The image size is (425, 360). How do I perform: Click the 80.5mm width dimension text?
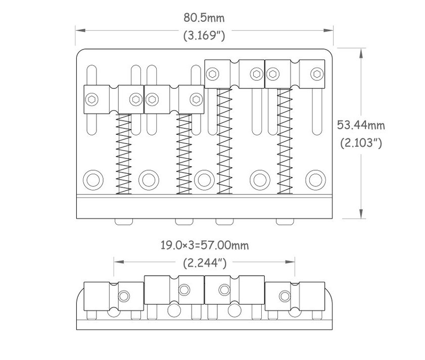[204, 18]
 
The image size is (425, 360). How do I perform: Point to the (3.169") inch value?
[204, 36]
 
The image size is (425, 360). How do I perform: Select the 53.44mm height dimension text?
[361, 124]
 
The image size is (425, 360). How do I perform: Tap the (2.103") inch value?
[361, 143]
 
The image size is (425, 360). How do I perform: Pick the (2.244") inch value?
[204, 263]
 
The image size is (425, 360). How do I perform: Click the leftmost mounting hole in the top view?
[92, 179]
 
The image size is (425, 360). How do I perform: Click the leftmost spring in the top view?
[124, 153]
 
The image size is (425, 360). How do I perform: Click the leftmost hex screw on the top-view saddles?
[92, 99]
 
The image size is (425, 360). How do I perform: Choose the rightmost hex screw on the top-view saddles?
[317, 74]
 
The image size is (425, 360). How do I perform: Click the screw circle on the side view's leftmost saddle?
[123, 295]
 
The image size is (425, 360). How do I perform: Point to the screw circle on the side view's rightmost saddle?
[284, 295]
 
